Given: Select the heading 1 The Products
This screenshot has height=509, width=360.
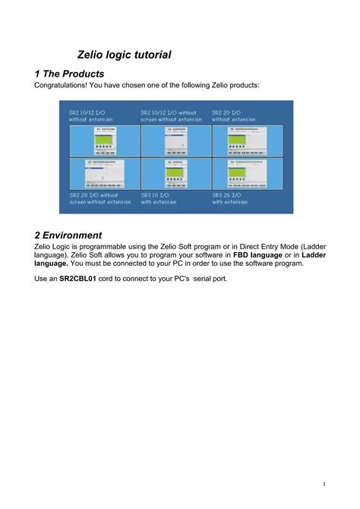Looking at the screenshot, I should [x=69, y=74].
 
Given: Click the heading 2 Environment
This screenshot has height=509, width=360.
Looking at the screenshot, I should [x=68, y=235].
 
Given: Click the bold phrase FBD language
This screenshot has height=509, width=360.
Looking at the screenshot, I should [x=262, y=255].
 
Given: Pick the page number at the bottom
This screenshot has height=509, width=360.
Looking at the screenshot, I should [x=324, y=484].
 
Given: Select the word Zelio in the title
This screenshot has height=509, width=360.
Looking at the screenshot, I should [x=93, y=55].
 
